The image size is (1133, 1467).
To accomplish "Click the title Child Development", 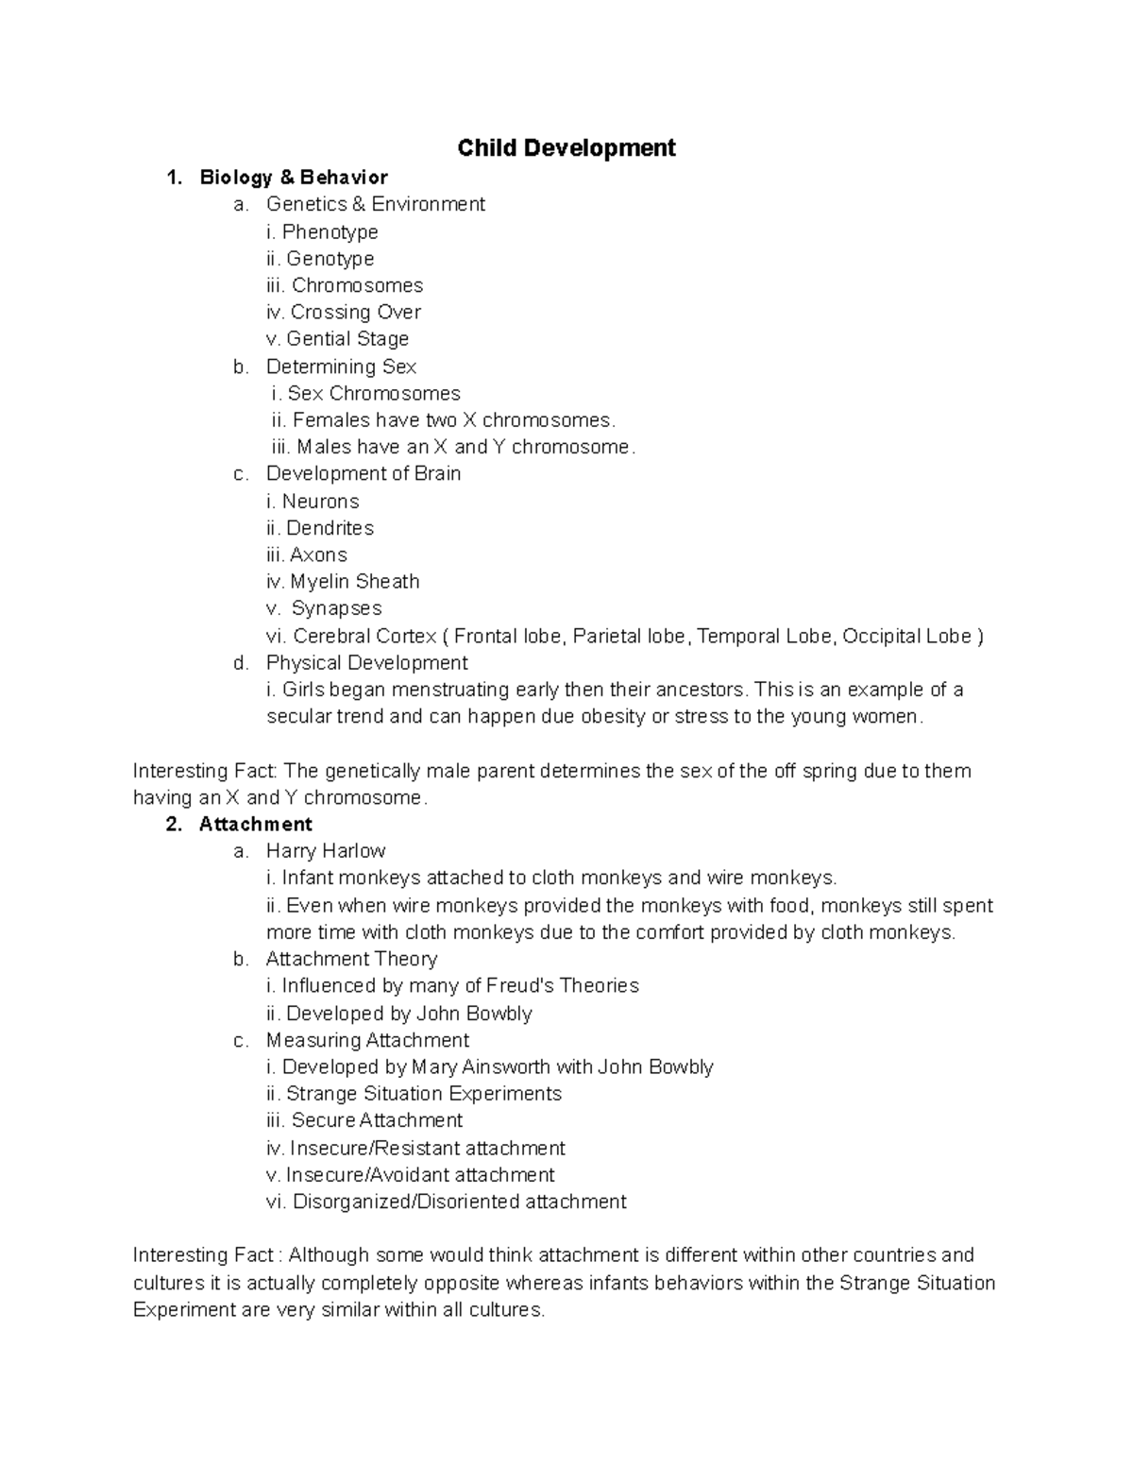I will coord(566,148).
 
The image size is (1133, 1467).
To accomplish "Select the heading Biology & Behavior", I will coord(294,178).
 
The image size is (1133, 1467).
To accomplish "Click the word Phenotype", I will coord(330,231).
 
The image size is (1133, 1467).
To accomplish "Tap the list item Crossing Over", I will coord(355,312).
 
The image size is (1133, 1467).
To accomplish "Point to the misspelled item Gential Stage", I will coord(347,338).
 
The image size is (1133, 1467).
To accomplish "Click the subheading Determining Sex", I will coord(341,366).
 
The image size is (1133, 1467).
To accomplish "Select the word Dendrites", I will coord(330,528).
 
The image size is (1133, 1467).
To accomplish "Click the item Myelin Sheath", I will coord(354,582).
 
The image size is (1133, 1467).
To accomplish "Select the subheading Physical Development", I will coord(366,662).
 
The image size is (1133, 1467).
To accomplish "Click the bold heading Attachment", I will coord(255,824).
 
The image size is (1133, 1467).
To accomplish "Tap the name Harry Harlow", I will coord(326,851).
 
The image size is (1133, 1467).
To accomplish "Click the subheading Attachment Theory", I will coord(351,959).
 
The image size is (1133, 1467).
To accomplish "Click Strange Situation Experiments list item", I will coord(423,1094).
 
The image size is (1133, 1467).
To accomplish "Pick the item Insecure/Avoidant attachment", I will coord(420,1175).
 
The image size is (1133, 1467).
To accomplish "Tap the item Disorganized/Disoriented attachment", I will coord(459,1202).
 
